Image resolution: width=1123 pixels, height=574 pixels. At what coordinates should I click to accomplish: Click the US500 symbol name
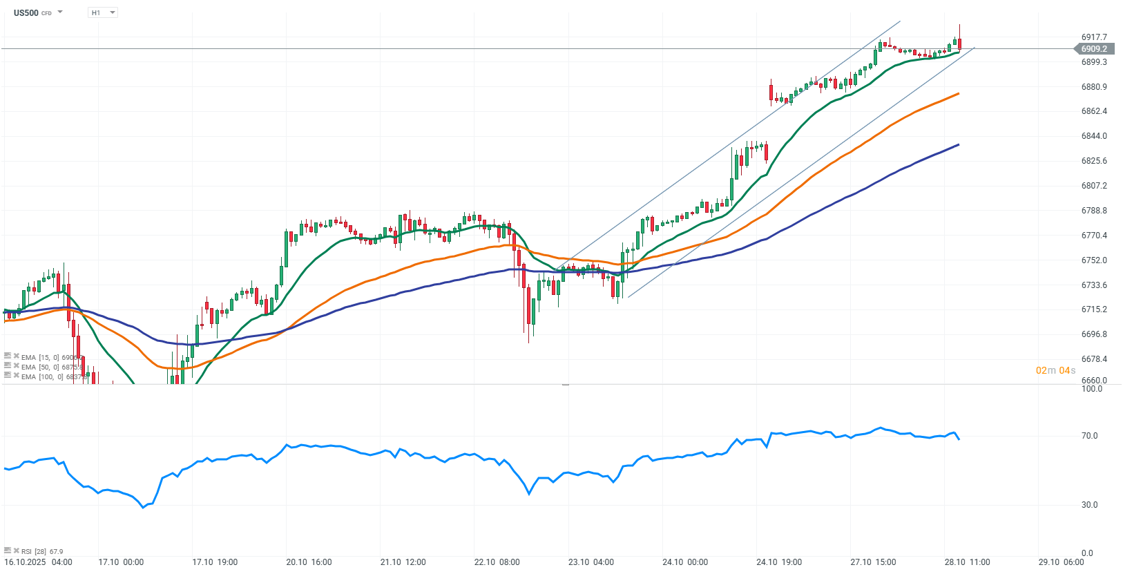26,12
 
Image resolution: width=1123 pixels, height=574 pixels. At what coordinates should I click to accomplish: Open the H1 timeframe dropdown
103,12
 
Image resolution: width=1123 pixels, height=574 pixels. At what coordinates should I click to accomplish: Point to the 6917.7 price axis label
1094,37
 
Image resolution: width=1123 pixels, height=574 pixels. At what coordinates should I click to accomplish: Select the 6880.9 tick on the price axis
1094,87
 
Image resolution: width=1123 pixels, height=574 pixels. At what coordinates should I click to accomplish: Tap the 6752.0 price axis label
1094,260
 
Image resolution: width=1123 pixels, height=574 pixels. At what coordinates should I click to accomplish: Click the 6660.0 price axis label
1094,381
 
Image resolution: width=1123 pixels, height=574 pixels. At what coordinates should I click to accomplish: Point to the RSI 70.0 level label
1089,436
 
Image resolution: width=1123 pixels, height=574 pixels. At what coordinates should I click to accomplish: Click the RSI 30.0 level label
1089,505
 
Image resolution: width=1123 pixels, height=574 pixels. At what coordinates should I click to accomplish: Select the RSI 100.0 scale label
1091,389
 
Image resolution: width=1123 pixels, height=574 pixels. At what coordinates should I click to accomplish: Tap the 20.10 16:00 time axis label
309,562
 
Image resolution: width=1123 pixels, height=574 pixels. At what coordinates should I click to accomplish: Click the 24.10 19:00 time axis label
779,562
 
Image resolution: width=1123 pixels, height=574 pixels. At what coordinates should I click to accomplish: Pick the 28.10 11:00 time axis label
967,562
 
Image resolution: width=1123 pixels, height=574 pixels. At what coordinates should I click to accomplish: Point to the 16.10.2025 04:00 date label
39,562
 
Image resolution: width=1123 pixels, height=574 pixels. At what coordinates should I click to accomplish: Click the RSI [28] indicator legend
41,551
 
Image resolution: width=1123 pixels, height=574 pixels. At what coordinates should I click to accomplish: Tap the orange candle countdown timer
1055,371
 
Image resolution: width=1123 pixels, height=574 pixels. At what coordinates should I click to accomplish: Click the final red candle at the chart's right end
959,44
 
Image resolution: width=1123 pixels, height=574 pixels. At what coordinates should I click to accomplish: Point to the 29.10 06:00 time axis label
1061,562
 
